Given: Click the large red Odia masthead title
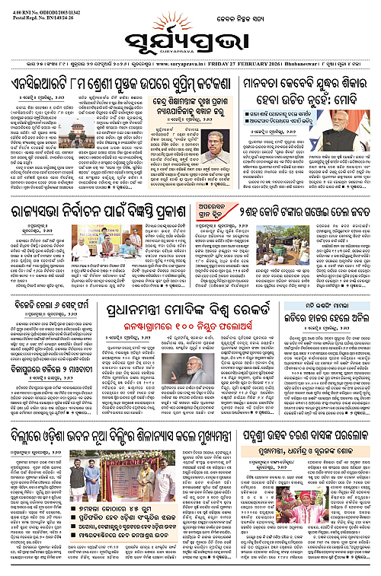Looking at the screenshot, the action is click(x=190, y=36).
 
